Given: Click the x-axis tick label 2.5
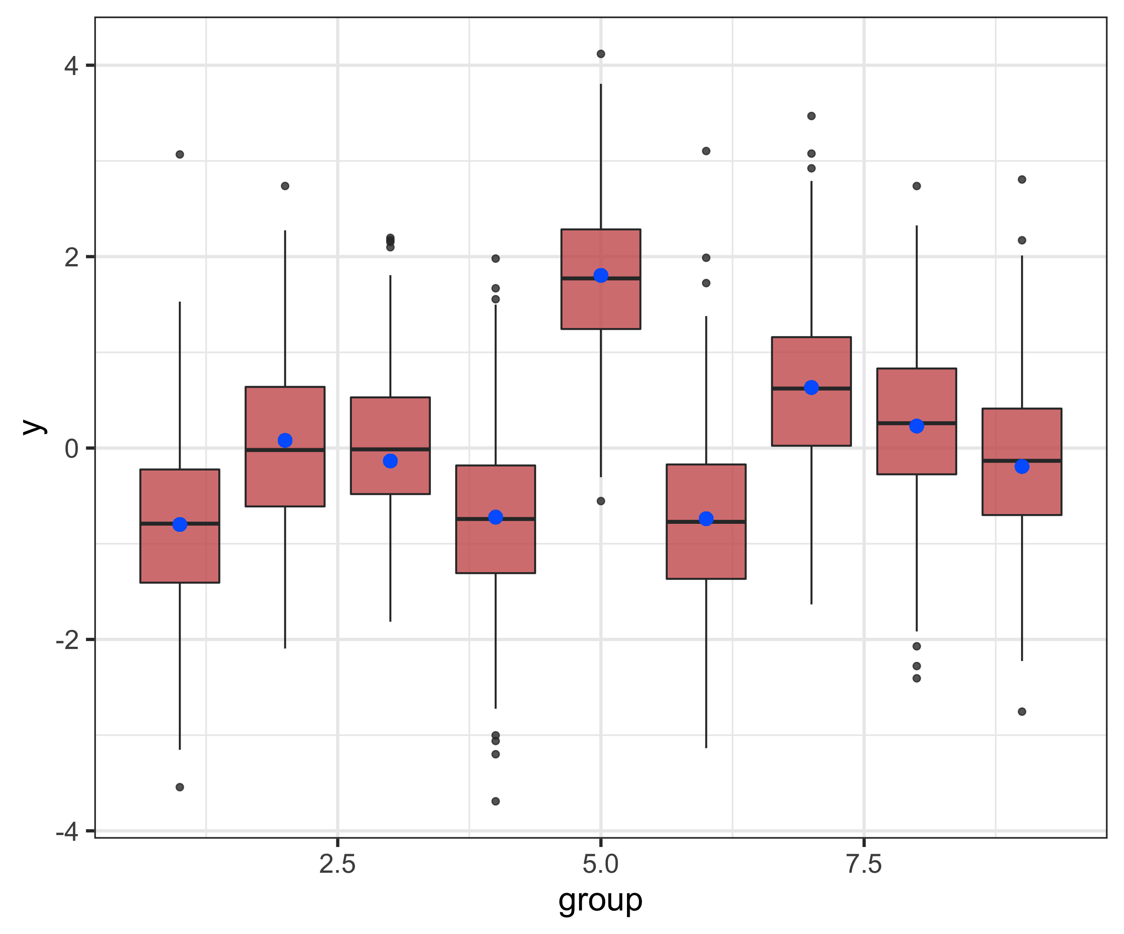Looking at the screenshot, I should click(337, 864).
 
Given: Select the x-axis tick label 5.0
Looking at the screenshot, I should click(600, 864).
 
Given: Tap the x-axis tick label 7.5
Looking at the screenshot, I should click(864, 864).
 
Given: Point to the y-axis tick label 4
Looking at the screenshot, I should click(71, 66).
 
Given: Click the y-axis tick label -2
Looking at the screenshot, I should click(67, 640).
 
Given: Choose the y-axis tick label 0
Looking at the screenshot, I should click(71, 449).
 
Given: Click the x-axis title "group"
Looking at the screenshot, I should click(600, 901).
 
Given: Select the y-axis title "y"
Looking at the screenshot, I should click(34, 427).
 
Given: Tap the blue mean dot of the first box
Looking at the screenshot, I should click(180, 524).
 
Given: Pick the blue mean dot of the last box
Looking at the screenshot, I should click(1022, 467).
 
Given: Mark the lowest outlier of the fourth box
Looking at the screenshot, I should click(496, 801).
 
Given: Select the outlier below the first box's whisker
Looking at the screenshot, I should click(180, 787).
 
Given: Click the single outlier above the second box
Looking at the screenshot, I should click(285, 186).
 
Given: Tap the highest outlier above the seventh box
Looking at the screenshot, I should click(812, 116).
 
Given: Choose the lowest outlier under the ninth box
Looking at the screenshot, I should click(1022, 711).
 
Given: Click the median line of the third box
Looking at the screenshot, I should click(390, 449).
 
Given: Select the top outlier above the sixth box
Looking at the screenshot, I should click(706, 151).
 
